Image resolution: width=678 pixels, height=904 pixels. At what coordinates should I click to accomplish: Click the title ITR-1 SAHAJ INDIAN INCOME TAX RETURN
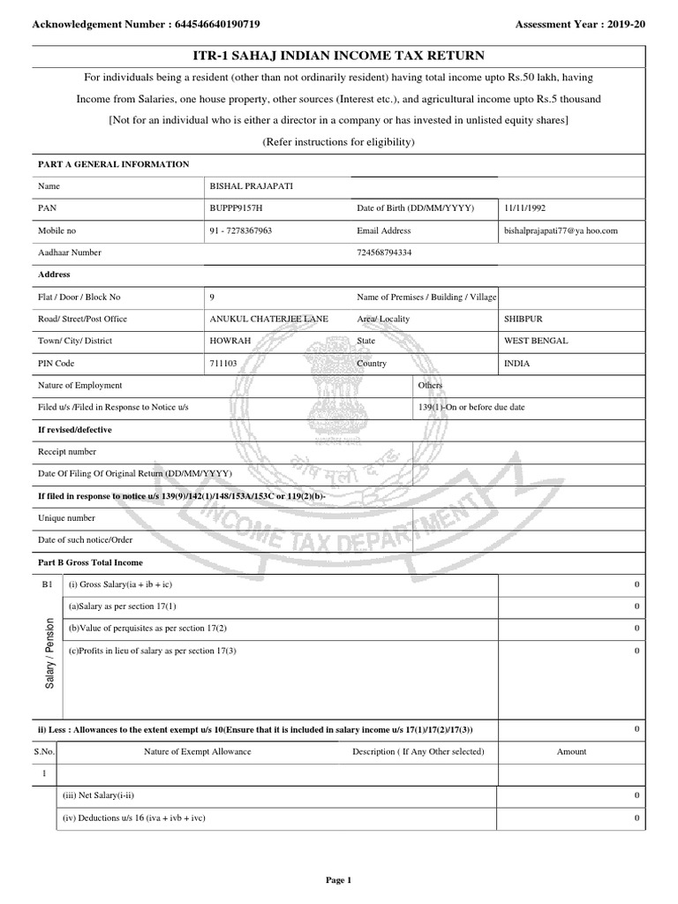coord(338,56)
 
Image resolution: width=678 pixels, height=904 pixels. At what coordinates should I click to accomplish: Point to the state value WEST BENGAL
coord(536,341)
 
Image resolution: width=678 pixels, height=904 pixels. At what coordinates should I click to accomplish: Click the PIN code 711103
coord(223,363)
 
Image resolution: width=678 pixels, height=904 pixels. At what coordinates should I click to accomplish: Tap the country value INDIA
coord(517,363)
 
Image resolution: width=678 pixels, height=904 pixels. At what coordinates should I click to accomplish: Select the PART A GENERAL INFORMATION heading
coord(112,164)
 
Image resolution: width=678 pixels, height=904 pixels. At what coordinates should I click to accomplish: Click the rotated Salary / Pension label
coord(49,654)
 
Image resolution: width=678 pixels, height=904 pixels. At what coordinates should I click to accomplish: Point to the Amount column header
coord(571,751)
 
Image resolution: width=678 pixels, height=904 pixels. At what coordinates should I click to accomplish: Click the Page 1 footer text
coord(338,879)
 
